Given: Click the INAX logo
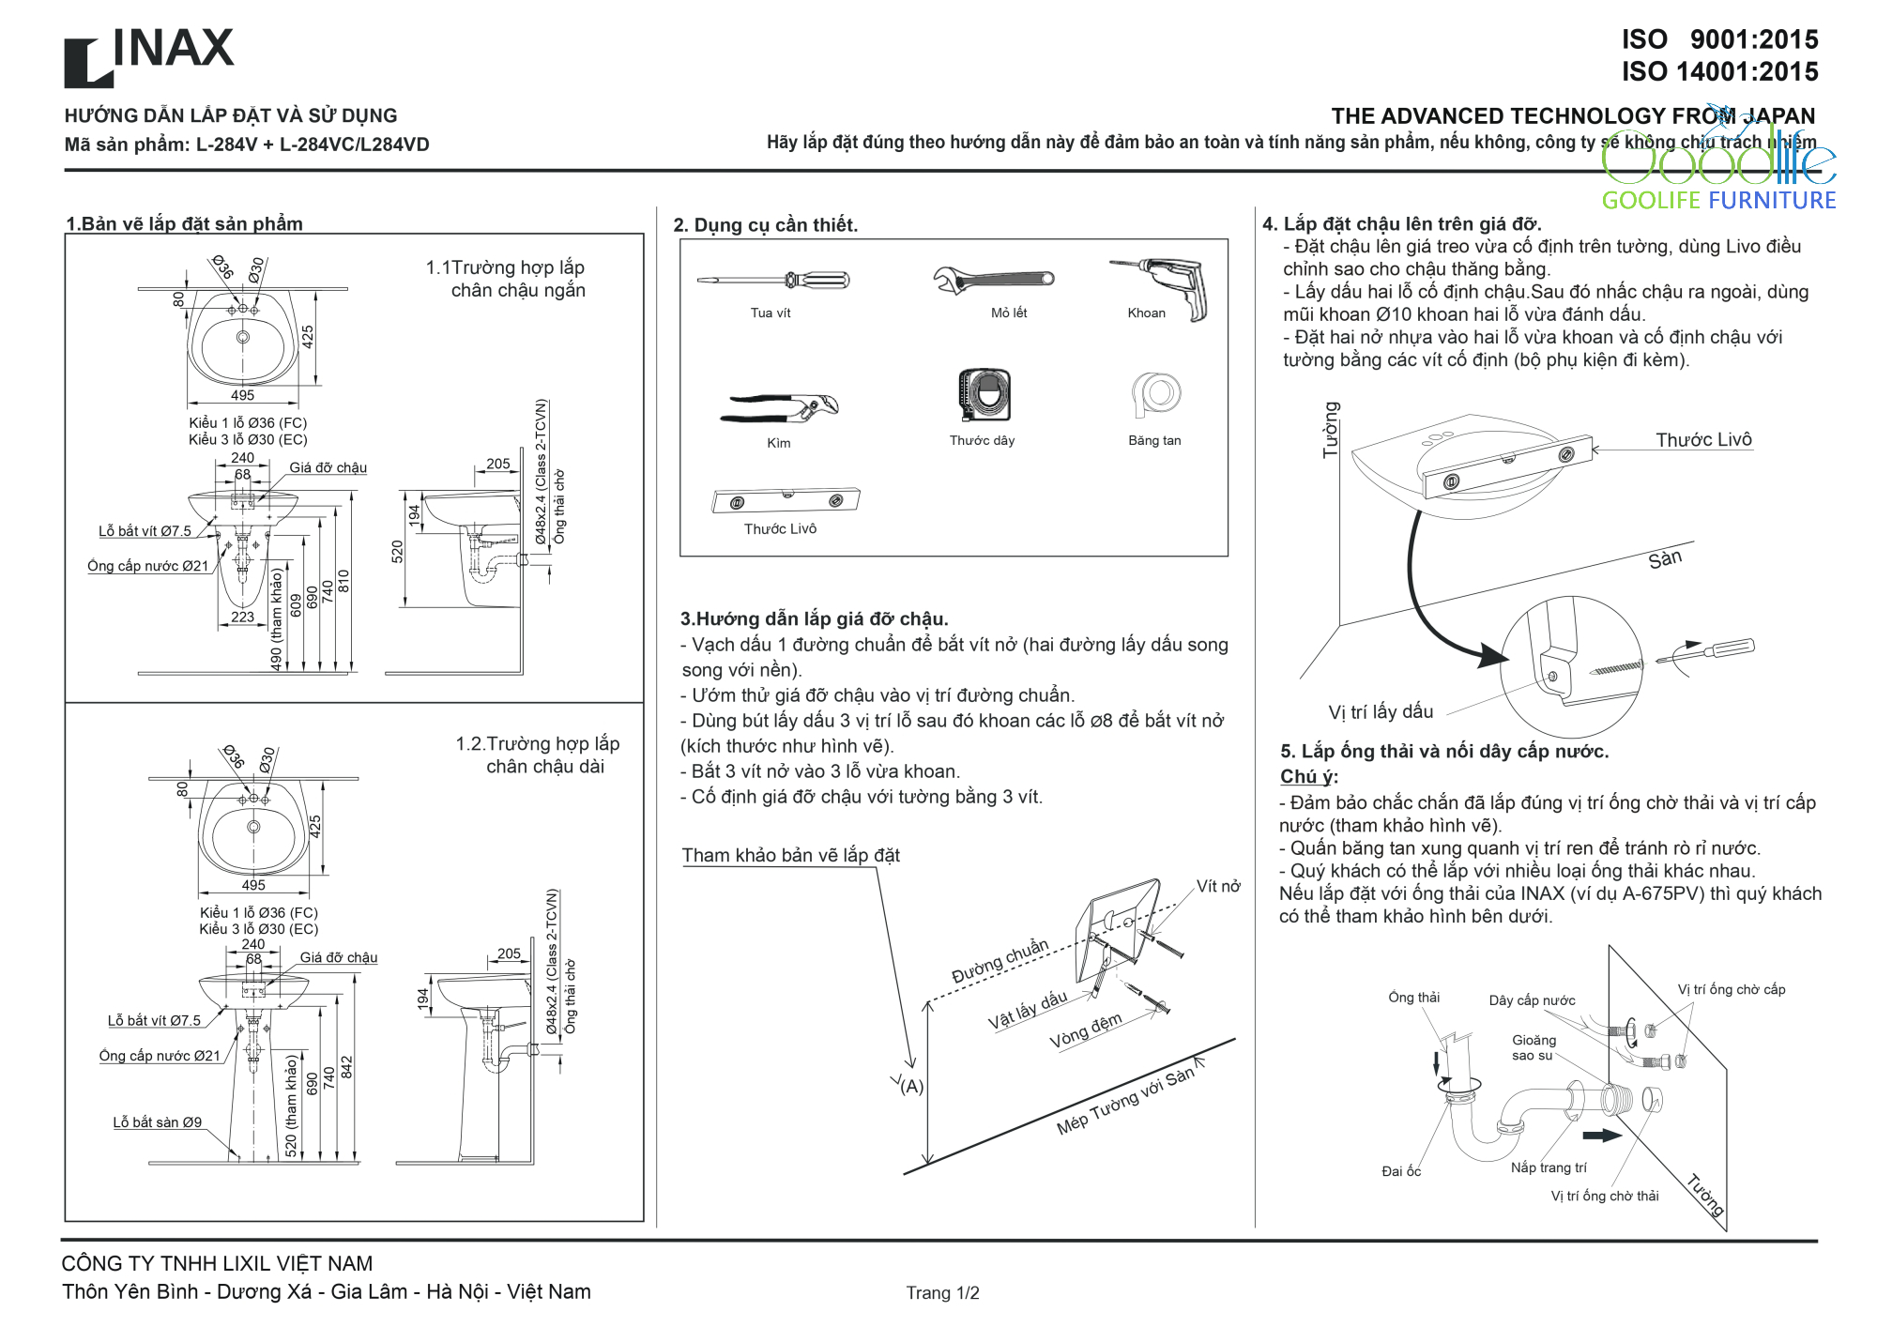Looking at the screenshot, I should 148,55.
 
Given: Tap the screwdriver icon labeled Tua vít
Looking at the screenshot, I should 773,280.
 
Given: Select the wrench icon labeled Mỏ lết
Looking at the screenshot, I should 993,280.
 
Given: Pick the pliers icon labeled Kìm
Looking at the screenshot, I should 779,408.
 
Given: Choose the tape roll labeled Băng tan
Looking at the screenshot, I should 1156,394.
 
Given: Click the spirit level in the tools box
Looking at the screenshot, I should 786,500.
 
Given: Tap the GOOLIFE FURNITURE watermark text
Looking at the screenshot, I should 1717,200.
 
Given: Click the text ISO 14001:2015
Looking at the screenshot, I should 1719,71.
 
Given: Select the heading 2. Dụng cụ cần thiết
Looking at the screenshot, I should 765,225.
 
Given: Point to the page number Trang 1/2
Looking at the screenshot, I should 942,1293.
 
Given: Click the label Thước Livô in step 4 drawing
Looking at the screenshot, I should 1703,440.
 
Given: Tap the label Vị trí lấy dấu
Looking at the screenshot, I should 1381,711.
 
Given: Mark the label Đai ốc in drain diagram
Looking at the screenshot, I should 1401,1171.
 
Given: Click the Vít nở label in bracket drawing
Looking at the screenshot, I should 1218,887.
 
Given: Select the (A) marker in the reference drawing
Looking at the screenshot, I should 912,1087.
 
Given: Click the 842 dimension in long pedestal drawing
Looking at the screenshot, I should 346,1068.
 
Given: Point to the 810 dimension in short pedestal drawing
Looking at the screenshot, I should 343,581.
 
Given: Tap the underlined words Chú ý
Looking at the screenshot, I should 1307,777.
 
